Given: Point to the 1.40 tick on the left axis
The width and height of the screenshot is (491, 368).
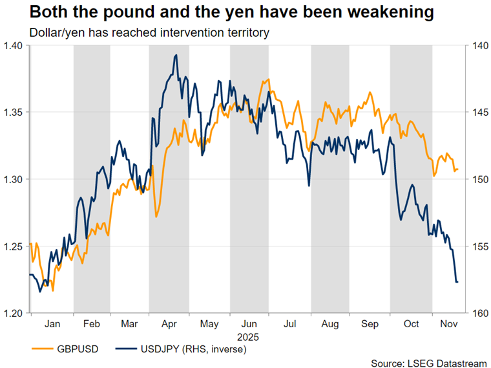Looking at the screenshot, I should coord(13,45).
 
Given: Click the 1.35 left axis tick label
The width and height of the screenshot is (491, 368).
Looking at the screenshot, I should coord(13,113).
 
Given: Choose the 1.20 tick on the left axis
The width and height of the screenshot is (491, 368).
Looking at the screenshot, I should coord(13,314).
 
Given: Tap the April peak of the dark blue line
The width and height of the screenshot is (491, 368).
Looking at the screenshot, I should coord(176,56).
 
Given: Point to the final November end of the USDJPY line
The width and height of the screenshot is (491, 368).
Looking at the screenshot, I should coord(457,282).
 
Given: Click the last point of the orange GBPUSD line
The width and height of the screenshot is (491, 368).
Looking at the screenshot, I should coord(457,169).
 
